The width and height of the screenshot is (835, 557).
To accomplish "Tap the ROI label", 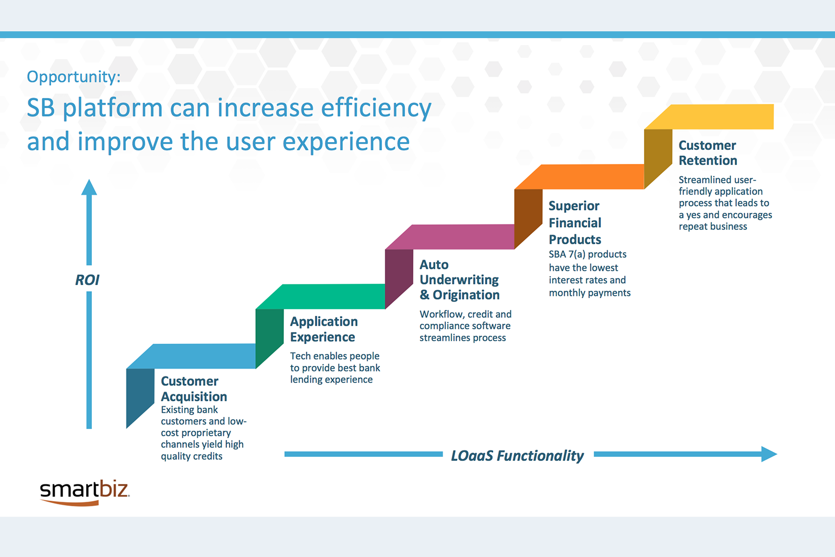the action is tap(87, 280).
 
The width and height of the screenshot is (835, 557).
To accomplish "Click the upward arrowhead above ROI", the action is tap(89, 187).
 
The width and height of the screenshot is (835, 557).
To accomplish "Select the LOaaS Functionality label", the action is tap(517, 456).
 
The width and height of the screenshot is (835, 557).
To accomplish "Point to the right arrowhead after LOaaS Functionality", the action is tap(769, 454).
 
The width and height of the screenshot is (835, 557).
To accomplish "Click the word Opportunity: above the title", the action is tap(74, 77).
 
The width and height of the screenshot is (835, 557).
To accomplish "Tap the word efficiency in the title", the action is tap(376, 108).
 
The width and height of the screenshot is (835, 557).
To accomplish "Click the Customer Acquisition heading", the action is tap(194, 388).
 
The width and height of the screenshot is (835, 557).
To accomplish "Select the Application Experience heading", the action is tap(324, 329).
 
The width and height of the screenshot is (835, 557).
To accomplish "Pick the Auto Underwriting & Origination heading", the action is tap(459, 280).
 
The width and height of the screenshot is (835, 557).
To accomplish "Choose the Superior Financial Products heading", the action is tap(575, 222).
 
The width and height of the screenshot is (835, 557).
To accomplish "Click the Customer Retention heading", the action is tap(708, 152).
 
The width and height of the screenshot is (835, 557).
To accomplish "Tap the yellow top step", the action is tap(709, 117).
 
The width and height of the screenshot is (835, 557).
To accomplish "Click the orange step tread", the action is tap(579, 177).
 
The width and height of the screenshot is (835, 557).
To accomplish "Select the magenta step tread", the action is tap(450, 237).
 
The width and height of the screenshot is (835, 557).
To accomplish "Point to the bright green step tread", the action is tap(320, 297).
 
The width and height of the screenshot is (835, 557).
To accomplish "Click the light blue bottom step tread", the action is tap(191, 356).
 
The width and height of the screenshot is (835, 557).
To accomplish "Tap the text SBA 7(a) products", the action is tap(588, 254).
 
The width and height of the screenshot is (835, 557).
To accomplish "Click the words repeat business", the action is tap(713, 227).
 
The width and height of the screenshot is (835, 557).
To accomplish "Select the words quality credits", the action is tap(192, 456).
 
